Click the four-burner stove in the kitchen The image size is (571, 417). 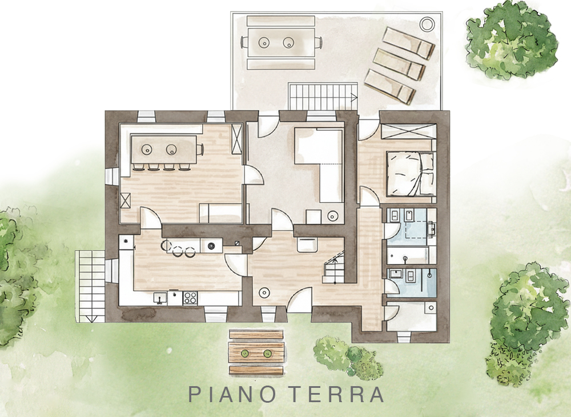[x=190, y=298]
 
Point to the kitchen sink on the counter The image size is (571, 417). [x=159, y=298]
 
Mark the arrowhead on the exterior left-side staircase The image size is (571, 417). [x=91, y=318]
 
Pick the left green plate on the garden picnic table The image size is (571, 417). [x=245, y=352]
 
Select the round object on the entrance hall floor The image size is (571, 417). [x=264, y=292]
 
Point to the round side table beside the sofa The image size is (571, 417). [x=332, y=216]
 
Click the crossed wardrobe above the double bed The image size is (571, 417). [x=409, y=131]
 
